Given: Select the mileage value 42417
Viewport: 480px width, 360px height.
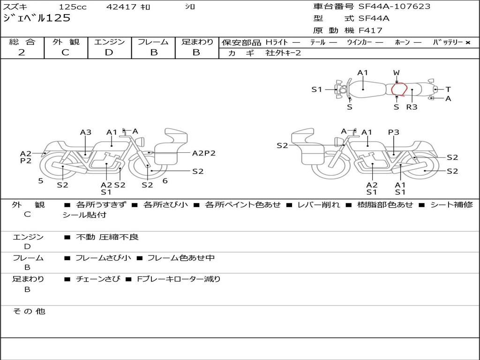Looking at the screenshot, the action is point(121,7).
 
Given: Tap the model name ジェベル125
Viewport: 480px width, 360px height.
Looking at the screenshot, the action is point(37,18).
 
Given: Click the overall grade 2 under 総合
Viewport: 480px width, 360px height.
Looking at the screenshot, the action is point(22,52).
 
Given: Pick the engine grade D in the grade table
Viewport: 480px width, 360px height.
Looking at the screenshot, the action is point(109,52).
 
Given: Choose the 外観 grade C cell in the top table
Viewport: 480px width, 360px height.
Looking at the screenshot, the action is point(65,52).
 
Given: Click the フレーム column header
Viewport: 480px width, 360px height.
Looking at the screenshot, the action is point(153,42).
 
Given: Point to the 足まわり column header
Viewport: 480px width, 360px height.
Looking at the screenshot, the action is point(197,42).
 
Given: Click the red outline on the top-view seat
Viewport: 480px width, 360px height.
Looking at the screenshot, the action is point(399,89).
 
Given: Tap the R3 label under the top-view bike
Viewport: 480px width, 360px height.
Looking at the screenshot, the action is point(412,107).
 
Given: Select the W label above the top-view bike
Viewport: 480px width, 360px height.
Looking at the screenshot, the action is point(397,73).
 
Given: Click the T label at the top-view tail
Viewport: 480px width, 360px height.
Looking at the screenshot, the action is point(448,90).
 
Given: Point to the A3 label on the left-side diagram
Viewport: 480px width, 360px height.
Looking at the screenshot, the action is point(85,132).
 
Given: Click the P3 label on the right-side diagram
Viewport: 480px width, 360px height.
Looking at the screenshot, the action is point(394,132).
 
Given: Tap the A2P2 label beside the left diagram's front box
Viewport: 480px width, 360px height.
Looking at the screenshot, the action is point(203,153).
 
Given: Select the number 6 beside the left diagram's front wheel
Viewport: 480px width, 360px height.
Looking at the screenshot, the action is point(165,180).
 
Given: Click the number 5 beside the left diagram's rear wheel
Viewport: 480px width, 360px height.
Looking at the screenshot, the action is point(41,180).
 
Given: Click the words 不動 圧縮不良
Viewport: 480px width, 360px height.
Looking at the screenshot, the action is point(107,237).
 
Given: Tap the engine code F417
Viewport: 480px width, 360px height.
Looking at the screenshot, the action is point(370,30).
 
